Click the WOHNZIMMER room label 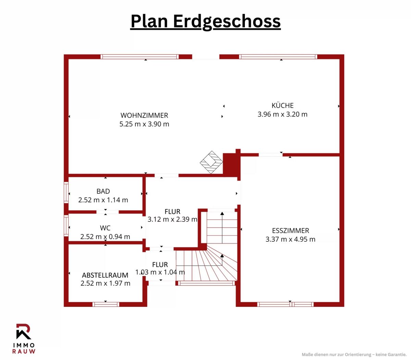point(144,116)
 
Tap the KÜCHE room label point(283,105)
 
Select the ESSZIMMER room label point(290,230)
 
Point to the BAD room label point(103,191)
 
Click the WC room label point(105,228)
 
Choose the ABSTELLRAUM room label point(105,275)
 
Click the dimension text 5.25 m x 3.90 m point(144,124)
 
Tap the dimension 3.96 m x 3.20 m point(283,114)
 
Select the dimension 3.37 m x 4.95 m point(290,239)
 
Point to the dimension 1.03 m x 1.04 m point(160,272)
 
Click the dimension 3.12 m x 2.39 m point(172,219)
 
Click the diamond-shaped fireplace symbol point(211,162)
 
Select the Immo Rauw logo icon point(24,331)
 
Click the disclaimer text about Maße point(354,355)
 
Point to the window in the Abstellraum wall point(106,304)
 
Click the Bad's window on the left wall point(66,192)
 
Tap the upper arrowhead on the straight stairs point(222,214)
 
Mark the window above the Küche point(278,57)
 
